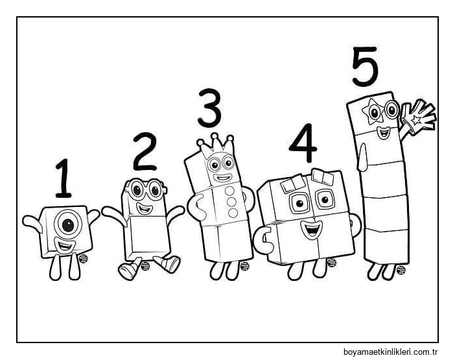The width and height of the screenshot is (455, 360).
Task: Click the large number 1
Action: [64, 178]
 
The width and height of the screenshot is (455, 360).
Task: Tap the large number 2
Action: [145, 152]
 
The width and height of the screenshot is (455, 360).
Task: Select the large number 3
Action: [209, 108]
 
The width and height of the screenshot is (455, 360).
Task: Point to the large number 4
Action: [303, 143]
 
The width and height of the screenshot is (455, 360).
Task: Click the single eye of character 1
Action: [68, 224]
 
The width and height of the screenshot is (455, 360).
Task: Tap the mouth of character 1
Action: [64, 245]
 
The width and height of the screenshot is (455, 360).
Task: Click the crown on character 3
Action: [216, 146]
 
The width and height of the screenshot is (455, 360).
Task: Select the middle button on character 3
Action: [231, 202]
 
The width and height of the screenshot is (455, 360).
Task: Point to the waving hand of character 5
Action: [417, 117]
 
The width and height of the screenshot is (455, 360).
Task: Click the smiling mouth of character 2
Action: [145, 208]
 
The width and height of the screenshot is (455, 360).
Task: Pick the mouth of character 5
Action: [384, 133]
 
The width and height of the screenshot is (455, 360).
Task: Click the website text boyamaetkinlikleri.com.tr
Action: [390, 352]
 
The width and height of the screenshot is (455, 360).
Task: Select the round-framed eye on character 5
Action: [392, 110]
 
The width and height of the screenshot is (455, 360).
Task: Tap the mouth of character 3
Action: [222, 177]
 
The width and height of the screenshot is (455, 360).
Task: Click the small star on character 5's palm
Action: [416, 119]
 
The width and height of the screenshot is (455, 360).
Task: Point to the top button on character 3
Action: [230, 191]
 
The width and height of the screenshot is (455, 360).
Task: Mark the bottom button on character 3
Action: [233, 213]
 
